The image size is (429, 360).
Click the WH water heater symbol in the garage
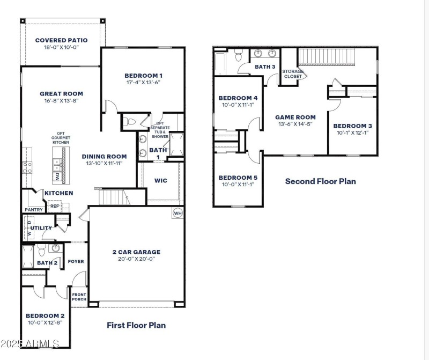click(x=177, y=214)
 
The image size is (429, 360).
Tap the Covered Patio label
click(x=61, y=40)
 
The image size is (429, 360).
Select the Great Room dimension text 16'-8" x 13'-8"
click(x=61, y=101)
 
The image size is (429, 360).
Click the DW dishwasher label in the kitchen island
click(x=57, y=177)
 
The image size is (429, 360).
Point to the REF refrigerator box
click(x=54, y=205)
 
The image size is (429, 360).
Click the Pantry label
click(x=33, y=210)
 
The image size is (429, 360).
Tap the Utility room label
click(x=41, y=228)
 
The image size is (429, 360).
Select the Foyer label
click(x=76, y=261)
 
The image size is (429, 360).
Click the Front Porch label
click(x=79, y=297)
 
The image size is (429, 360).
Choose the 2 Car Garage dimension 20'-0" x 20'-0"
click(x=136, y=259)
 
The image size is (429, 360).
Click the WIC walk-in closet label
click(x=160, y=181)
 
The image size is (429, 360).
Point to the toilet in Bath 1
click(x=128, y=122)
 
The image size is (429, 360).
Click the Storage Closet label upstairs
click(x=293, y=74)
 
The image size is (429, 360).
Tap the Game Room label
click(x=295, y=117)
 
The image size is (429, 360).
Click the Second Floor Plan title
click(x=320, y=181)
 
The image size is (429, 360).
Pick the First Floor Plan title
click(x=136, y=325)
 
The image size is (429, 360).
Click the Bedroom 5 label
click(x=238, y=178)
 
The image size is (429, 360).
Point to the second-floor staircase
click(x=326, y=56)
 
